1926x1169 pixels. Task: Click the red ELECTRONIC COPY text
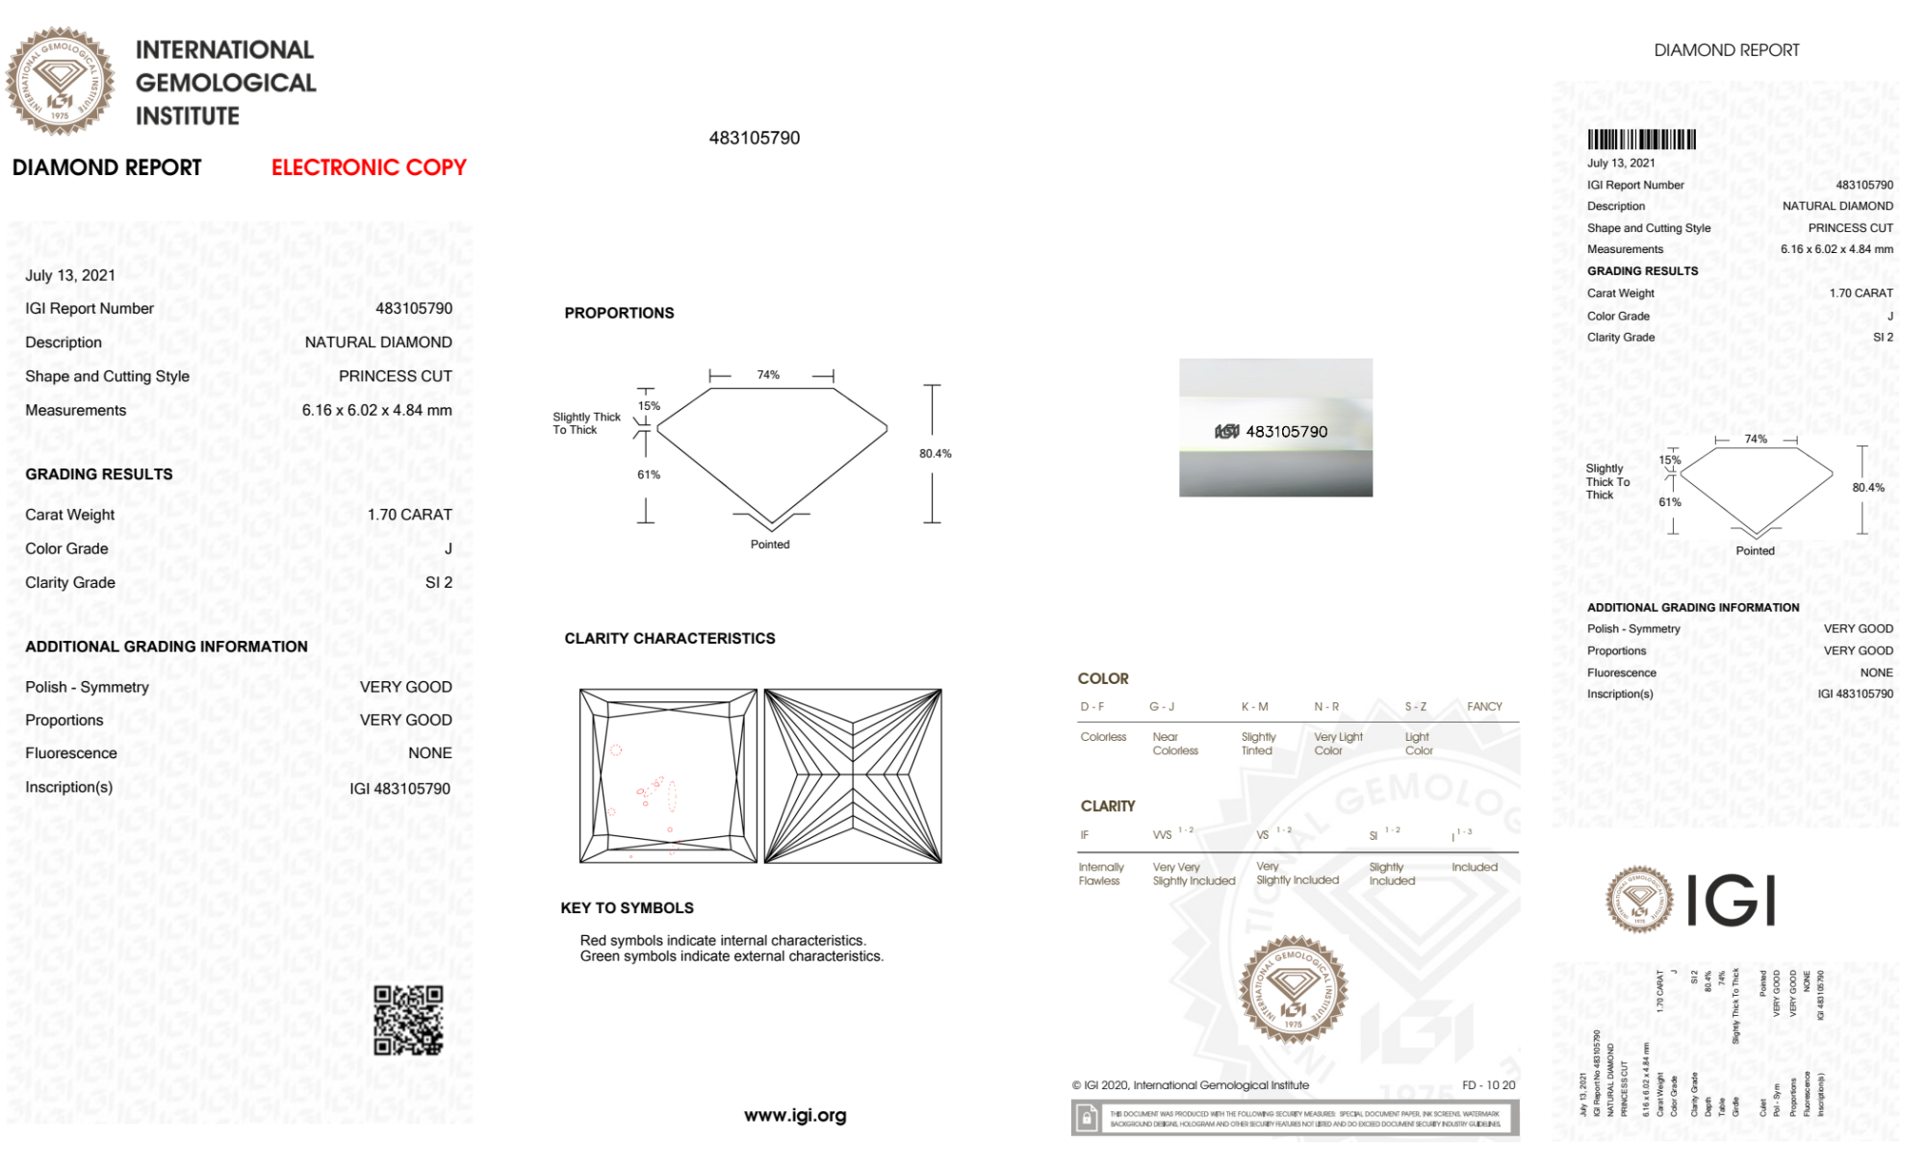369,167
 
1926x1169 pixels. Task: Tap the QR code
408,1020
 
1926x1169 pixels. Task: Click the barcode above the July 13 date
1641,140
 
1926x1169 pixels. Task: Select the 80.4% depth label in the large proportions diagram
935,453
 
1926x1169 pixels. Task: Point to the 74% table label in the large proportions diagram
768,375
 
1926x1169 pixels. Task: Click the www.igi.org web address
795,1115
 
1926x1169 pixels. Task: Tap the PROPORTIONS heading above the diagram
619,313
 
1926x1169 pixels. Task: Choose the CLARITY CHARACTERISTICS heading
669,638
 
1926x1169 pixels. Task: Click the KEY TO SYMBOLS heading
627,907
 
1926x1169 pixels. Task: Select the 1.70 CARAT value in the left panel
409,515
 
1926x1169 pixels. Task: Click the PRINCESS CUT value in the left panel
395,376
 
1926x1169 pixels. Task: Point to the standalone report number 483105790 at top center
755,138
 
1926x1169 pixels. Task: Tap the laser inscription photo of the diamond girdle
1275,428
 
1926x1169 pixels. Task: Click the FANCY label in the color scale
1484,706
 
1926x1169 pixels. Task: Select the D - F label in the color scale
1092,706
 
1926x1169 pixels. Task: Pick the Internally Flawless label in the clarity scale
1100,874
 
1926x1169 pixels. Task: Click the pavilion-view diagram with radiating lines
853,775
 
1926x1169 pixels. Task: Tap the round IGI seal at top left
60,81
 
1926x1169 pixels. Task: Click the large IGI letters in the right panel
1731,901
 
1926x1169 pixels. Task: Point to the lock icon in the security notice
1087,1118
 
